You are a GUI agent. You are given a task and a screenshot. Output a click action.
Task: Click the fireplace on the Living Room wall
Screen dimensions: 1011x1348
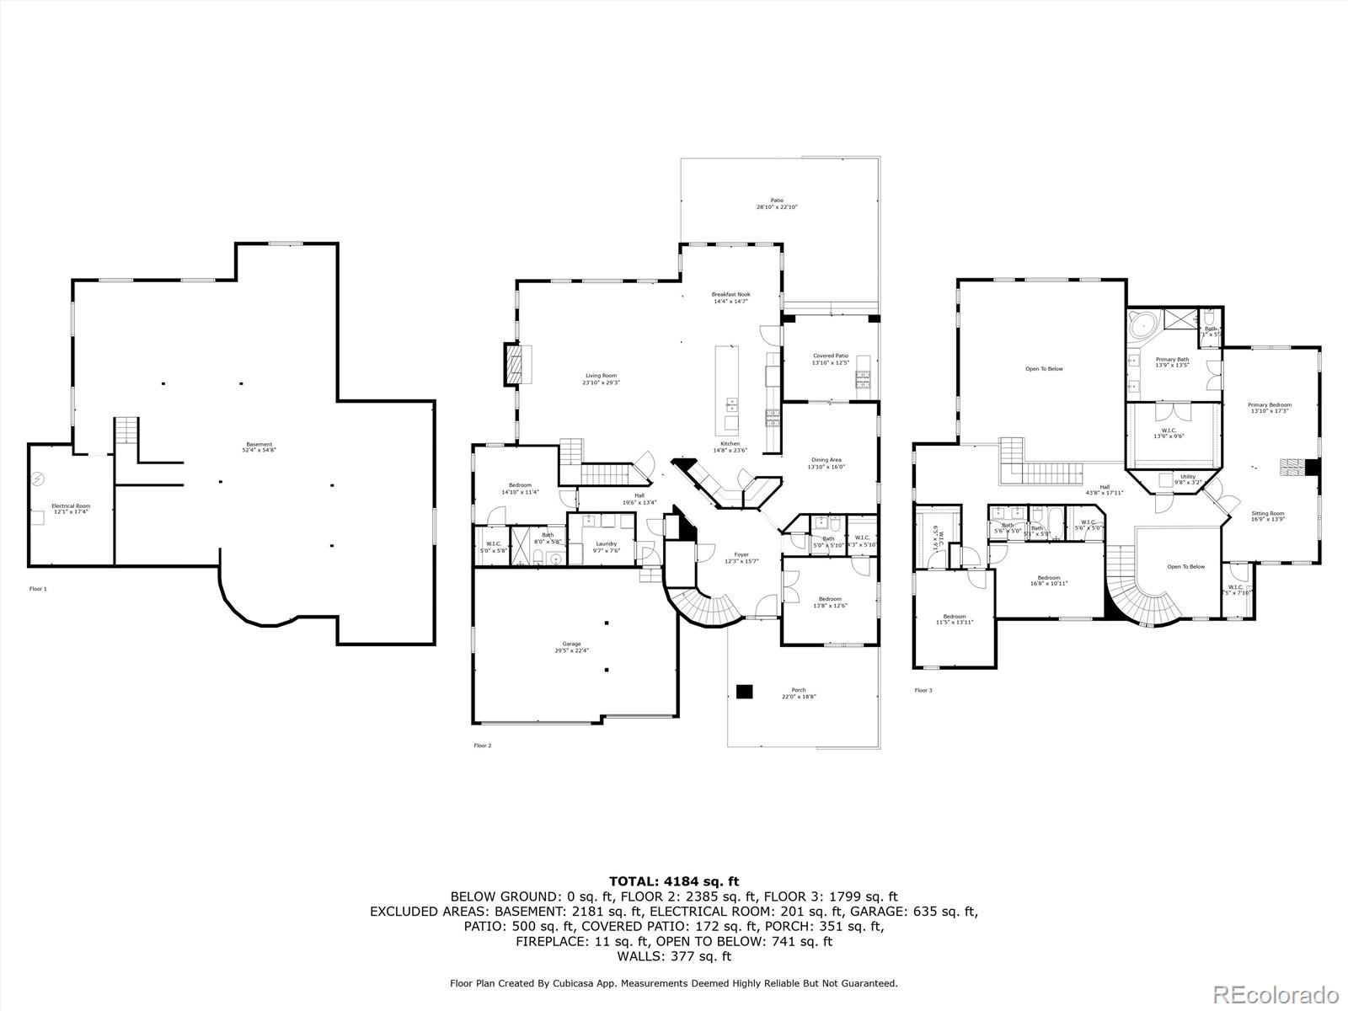coord(514,364)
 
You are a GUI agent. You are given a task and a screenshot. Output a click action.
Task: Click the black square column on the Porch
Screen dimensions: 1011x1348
coord(743,691)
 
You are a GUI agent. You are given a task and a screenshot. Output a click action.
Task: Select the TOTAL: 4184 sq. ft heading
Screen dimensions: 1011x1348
coord(674,881)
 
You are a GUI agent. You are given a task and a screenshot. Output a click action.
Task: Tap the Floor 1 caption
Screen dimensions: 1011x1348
coord(38,589)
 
